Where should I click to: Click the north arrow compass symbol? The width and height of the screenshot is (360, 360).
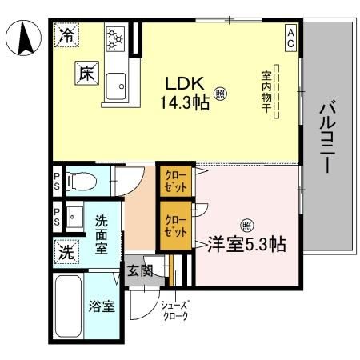(x=24, y=38)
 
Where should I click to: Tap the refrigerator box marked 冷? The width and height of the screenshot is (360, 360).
(x=66, y=35)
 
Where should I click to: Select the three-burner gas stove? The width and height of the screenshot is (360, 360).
(x=115, y=39)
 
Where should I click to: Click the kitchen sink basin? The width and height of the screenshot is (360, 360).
(x=116, y=86)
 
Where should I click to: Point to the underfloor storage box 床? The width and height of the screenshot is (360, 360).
(x=87, y=73)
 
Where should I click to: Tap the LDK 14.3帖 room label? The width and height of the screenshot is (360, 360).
(x=185, y=93)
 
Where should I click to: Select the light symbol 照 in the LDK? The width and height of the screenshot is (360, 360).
(x=220, y=94)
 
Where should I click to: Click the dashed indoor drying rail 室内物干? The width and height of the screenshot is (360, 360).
(x=277, y=91)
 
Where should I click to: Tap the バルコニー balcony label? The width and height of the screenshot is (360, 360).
(x=328, y=135)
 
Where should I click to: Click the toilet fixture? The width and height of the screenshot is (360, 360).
(x=82, y=182)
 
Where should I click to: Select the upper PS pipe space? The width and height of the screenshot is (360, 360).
(x=57, y=182)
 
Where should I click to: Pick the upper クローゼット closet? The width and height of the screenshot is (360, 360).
(x=175, y=182)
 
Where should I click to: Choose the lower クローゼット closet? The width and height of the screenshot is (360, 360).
(x=175, y=226)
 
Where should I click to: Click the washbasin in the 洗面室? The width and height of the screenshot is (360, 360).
(x=75, y=216)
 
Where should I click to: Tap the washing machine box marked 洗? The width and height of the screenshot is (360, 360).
(x=66, y=252)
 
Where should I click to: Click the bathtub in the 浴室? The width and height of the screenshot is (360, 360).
(x=69, y=306)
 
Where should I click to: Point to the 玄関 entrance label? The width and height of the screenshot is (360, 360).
(x=140, y=271)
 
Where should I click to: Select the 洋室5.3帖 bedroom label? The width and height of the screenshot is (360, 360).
(x=246, y=244)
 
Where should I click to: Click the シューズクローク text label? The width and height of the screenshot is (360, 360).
(x=175, y=310)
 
